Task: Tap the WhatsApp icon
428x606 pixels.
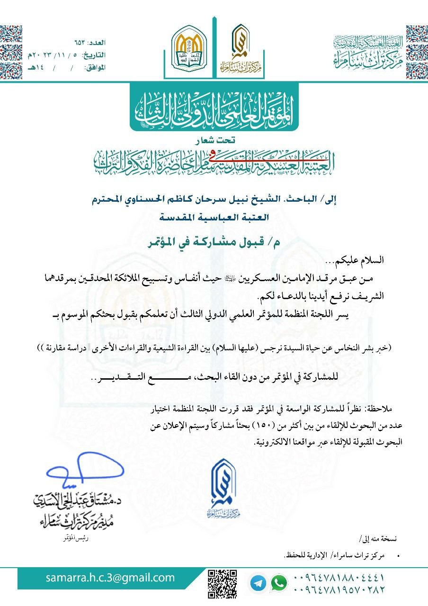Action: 279,583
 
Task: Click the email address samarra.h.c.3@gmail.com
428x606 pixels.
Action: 110,578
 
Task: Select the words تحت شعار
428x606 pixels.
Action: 214,141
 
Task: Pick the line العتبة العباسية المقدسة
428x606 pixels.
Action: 214,218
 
